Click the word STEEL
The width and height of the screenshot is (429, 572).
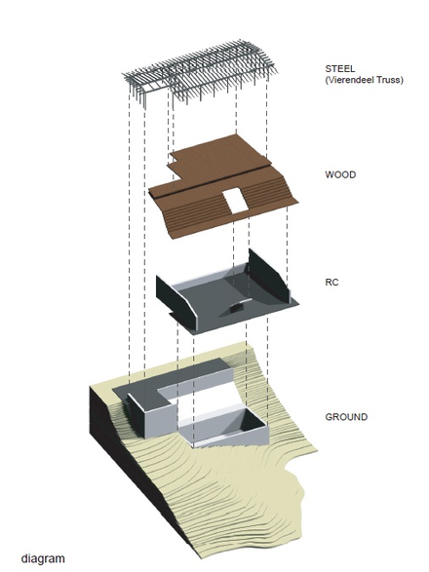tap(339, 68)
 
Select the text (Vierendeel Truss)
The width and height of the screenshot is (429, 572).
tap(364, 80)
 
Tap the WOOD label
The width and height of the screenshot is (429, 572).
tap(340, 174)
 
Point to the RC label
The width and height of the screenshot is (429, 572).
tap(331, 282)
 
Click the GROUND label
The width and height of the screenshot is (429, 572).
tap(346, 417)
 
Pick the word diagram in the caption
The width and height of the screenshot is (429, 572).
tap(43, 559)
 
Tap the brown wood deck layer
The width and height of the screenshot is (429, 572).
tap(223, 186)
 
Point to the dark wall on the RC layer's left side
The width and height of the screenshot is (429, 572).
tap(175, 299)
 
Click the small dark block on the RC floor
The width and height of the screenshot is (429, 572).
tap(236, 308)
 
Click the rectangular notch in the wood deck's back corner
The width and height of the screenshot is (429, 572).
tap(174, 158)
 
